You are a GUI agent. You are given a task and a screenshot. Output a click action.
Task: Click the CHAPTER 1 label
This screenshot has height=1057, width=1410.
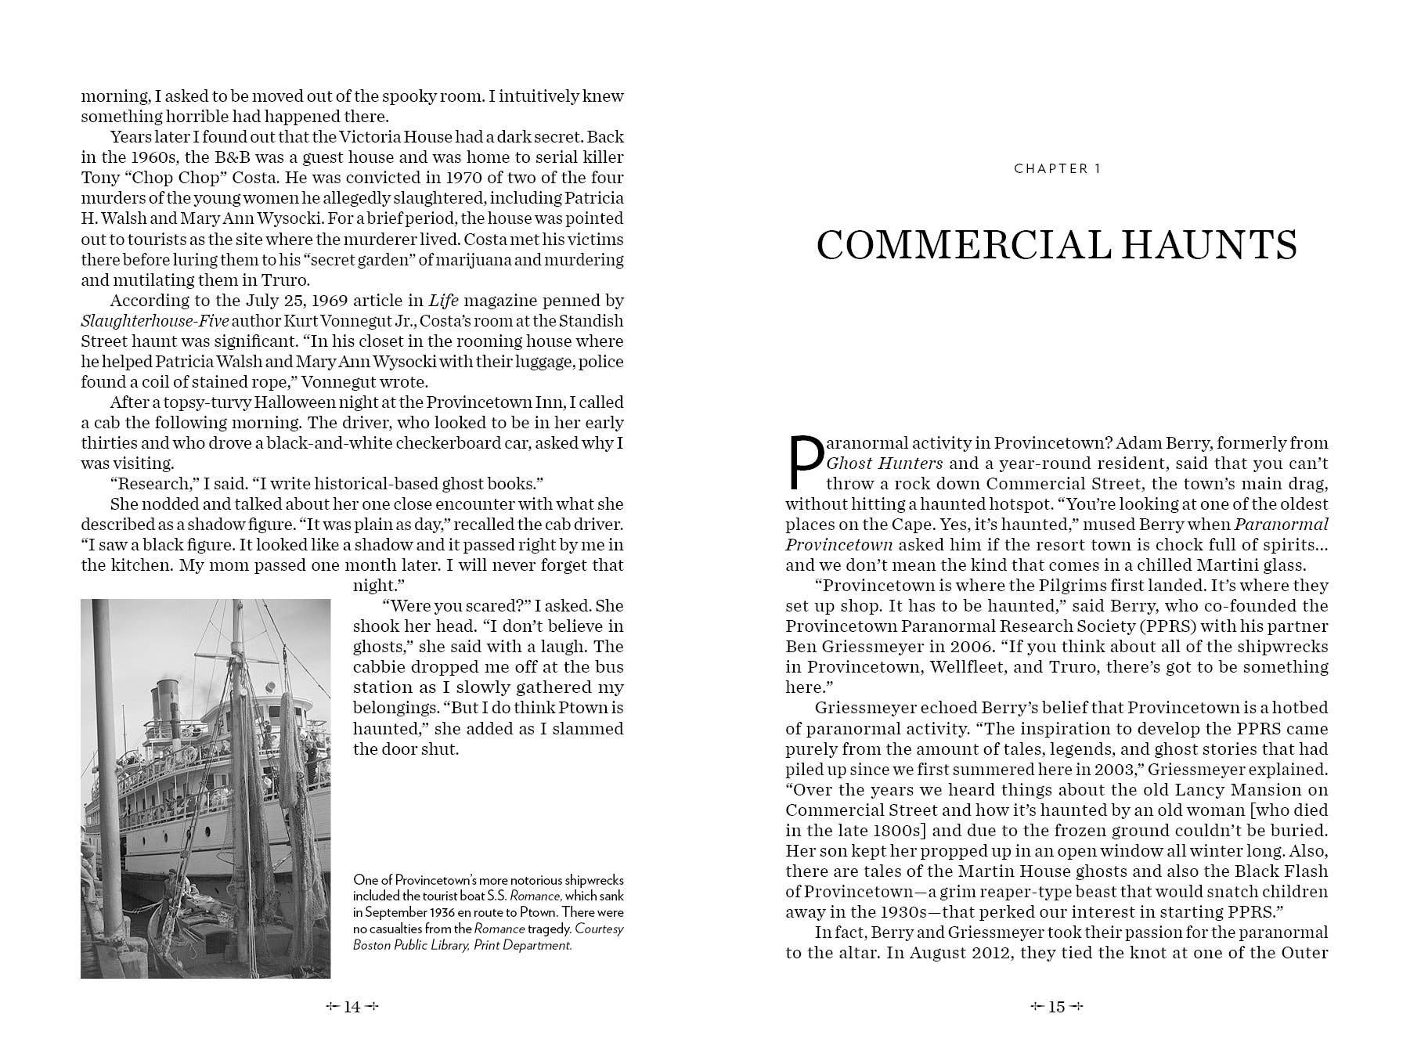click(x=1057, y=169)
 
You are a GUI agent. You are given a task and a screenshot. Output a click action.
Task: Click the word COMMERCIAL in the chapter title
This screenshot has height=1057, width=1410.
click(x=963, y=245)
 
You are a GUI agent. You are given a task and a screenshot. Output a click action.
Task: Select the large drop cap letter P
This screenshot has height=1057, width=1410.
click(x=804, y=462)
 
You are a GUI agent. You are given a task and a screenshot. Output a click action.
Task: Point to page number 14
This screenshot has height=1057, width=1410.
click(x=352, y=1007)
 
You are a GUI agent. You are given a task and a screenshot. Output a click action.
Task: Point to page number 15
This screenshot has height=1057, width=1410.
click(x=1057, y=1007)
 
